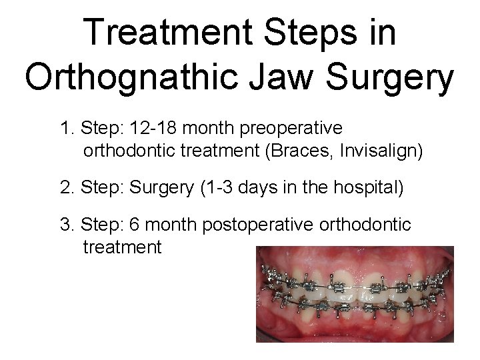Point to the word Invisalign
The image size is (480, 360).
(x=381, y=151)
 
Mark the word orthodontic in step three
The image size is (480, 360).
(x=371, y=225)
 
